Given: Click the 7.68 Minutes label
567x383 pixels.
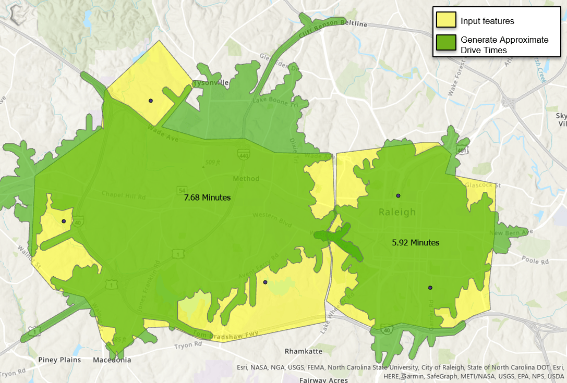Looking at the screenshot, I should coord(207,198).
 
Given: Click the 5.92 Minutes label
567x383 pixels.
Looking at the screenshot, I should coord(415,243).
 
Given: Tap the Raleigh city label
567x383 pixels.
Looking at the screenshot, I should coord(397,213).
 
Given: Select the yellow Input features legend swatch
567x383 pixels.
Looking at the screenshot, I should coord(446,21).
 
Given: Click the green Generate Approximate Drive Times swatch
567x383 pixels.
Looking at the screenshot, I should coord(446,44).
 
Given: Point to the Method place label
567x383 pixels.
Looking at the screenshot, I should coord(246,179).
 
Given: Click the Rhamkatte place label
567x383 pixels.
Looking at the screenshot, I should coord(304,351).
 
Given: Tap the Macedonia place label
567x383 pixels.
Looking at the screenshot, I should coord(112,360).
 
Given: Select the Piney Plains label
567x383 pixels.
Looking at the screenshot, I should coord(59,360).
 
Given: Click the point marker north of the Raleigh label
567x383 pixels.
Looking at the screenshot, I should coord(398,195).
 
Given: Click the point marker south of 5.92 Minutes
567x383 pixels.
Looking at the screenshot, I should coord(430,288).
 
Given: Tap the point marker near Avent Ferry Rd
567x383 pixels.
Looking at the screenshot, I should coord(265,282).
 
